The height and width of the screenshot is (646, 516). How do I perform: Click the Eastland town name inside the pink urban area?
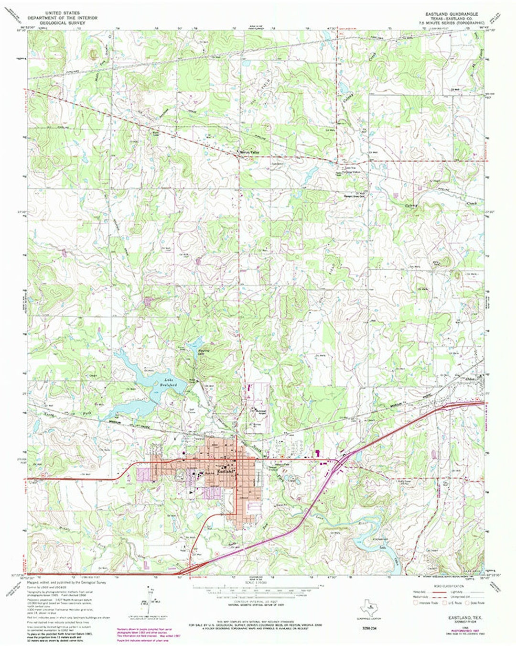(226, 471)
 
